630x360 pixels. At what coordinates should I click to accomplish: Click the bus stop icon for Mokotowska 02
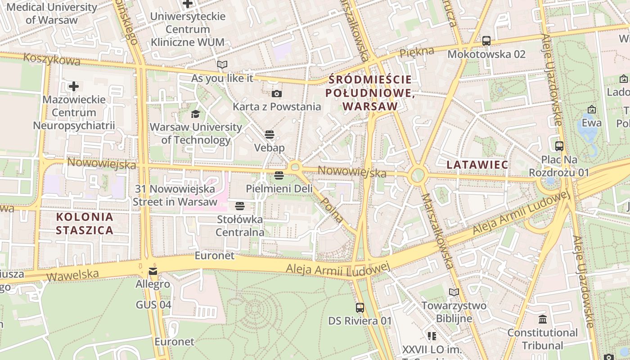click(x=486, y=41)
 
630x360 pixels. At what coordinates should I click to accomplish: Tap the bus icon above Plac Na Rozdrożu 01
click(x=559, y=146)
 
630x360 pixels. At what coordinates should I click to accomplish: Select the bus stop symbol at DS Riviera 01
click(x=360, y=308)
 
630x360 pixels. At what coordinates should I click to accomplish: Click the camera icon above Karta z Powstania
click(x=277, y=94)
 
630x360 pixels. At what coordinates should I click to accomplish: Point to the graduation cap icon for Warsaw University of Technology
click(x=195, y=114)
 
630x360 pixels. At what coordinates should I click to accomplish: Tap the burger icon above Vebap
click(x=270, y=135)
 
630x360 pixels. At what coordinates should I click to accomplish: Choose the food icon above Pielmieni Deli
click(x=279, y=175)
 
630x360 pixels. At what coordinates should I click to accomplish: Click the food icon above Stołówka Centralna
click(x=240, y=206)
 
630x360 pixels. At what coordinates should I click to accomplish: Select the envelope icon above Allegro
click(x=153, y=271)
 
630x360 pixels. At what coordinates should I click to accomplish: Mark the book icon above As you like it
click(x=222, y=65)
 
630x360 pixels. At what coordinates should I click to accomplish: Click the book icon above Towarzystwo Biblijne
click(x=454, y=292)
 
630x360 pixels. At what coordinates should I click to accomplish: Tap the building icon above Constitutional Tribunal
click(x=542, y=319)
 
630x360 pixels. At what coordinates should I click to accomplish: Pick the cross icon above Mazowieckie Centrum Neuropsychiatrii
click(x=74, y=86)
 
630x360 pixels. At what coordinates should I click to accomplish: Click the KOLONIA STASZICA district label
click(x=85, y=224)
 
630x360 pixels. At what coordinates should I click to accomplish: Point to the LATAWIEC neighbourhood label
click(x=477, y=165)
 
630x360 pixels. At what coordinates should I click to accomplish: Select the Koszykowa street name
click(x=51, y=59)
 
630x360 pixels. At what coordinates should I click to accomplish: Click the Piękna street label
click(x=417, y=52)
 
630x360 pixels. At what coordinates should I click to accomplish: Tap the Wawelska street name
click(x=72, y=274)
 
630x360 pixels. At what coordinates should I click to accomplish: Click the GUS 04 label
click(x=153, y=305)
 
